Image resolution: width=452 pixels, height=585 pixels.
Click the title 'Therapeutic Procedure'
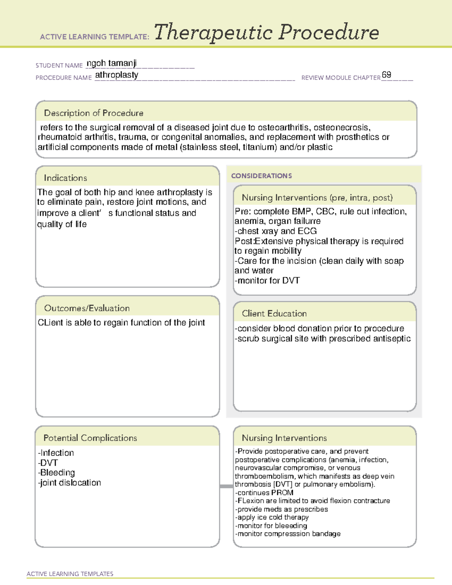coord(266,32)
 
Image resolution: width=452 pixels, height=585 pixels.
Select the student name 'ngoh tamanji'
coord(111,63)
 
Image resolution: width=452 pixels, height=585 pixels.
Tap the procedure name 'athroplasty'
coord(116,75)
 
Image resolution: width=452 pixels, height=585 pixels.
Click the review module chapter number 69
coord(386,75)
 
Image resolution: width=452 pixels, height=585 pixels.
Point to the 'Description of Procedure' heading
coord(93,113)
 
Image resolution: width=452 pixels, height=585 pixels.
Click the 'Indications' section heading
coord(66,178)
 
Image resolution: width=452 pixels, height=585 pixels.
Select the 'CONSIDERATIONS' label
coord(261,176)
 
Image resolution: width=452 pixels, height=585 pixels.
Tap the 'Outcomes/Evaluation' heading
coord(87,308)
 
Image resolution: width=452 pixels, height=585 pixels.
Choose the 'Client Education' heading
coord(274,313)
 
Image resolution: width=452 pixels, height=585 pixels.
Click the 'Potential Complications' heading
coord(90,438)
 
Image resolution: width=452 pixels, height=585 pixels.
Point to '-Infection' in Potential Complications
coord(56,453)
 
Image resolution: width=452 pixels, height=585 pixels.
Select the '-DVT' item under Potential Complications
coord(48,463)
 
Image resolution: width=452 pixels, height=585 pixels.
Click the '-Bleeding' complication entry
coord(56,473)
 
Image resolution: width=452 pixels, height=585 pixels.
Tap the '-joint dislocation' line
coord(69,483)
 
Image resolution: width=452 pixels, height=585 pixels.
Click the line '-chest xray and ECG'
coord(276,231)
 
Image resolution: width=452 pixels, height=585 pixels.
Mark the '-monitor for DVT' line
coord(267,281)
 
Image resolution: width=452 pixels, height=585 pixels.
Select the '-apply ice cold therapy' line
coord(272,517)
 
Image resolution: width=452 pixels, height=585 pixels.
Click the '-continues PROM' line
coord(264,493)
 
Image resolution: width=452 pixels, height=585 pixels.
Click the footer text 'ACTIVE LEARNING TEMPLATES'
coord(70,574)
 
